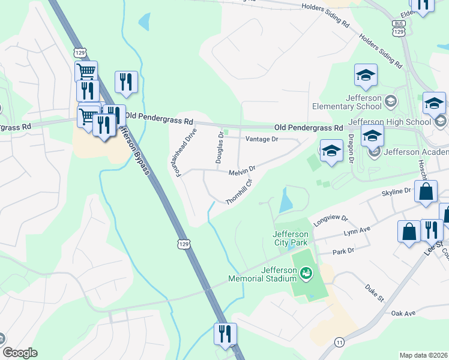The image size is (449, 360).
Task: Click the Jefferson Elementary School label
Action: (x=347, y=102)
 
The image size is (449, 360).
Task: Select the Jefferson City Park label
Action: (x=290, y=238)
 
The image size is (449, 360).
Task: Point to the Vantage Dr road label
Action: (x=262, y=139)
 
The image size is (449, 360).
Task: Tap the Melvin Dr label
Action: (x=243, y=171)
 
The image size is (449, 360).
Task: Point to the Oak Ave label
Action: (x=403, y=314)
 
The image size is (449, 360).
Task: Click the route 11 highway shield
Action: (x=339, y=342)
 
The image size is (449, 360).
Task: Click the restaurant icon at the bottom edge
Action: (x=225, y=334)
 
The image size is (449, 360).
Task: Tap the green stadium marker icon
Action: (x=306, y=274)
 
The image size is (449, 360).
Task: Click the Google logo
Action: (x=20, y=352)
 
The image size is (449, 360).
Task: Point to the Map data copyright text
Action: (x=423, y=355)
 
